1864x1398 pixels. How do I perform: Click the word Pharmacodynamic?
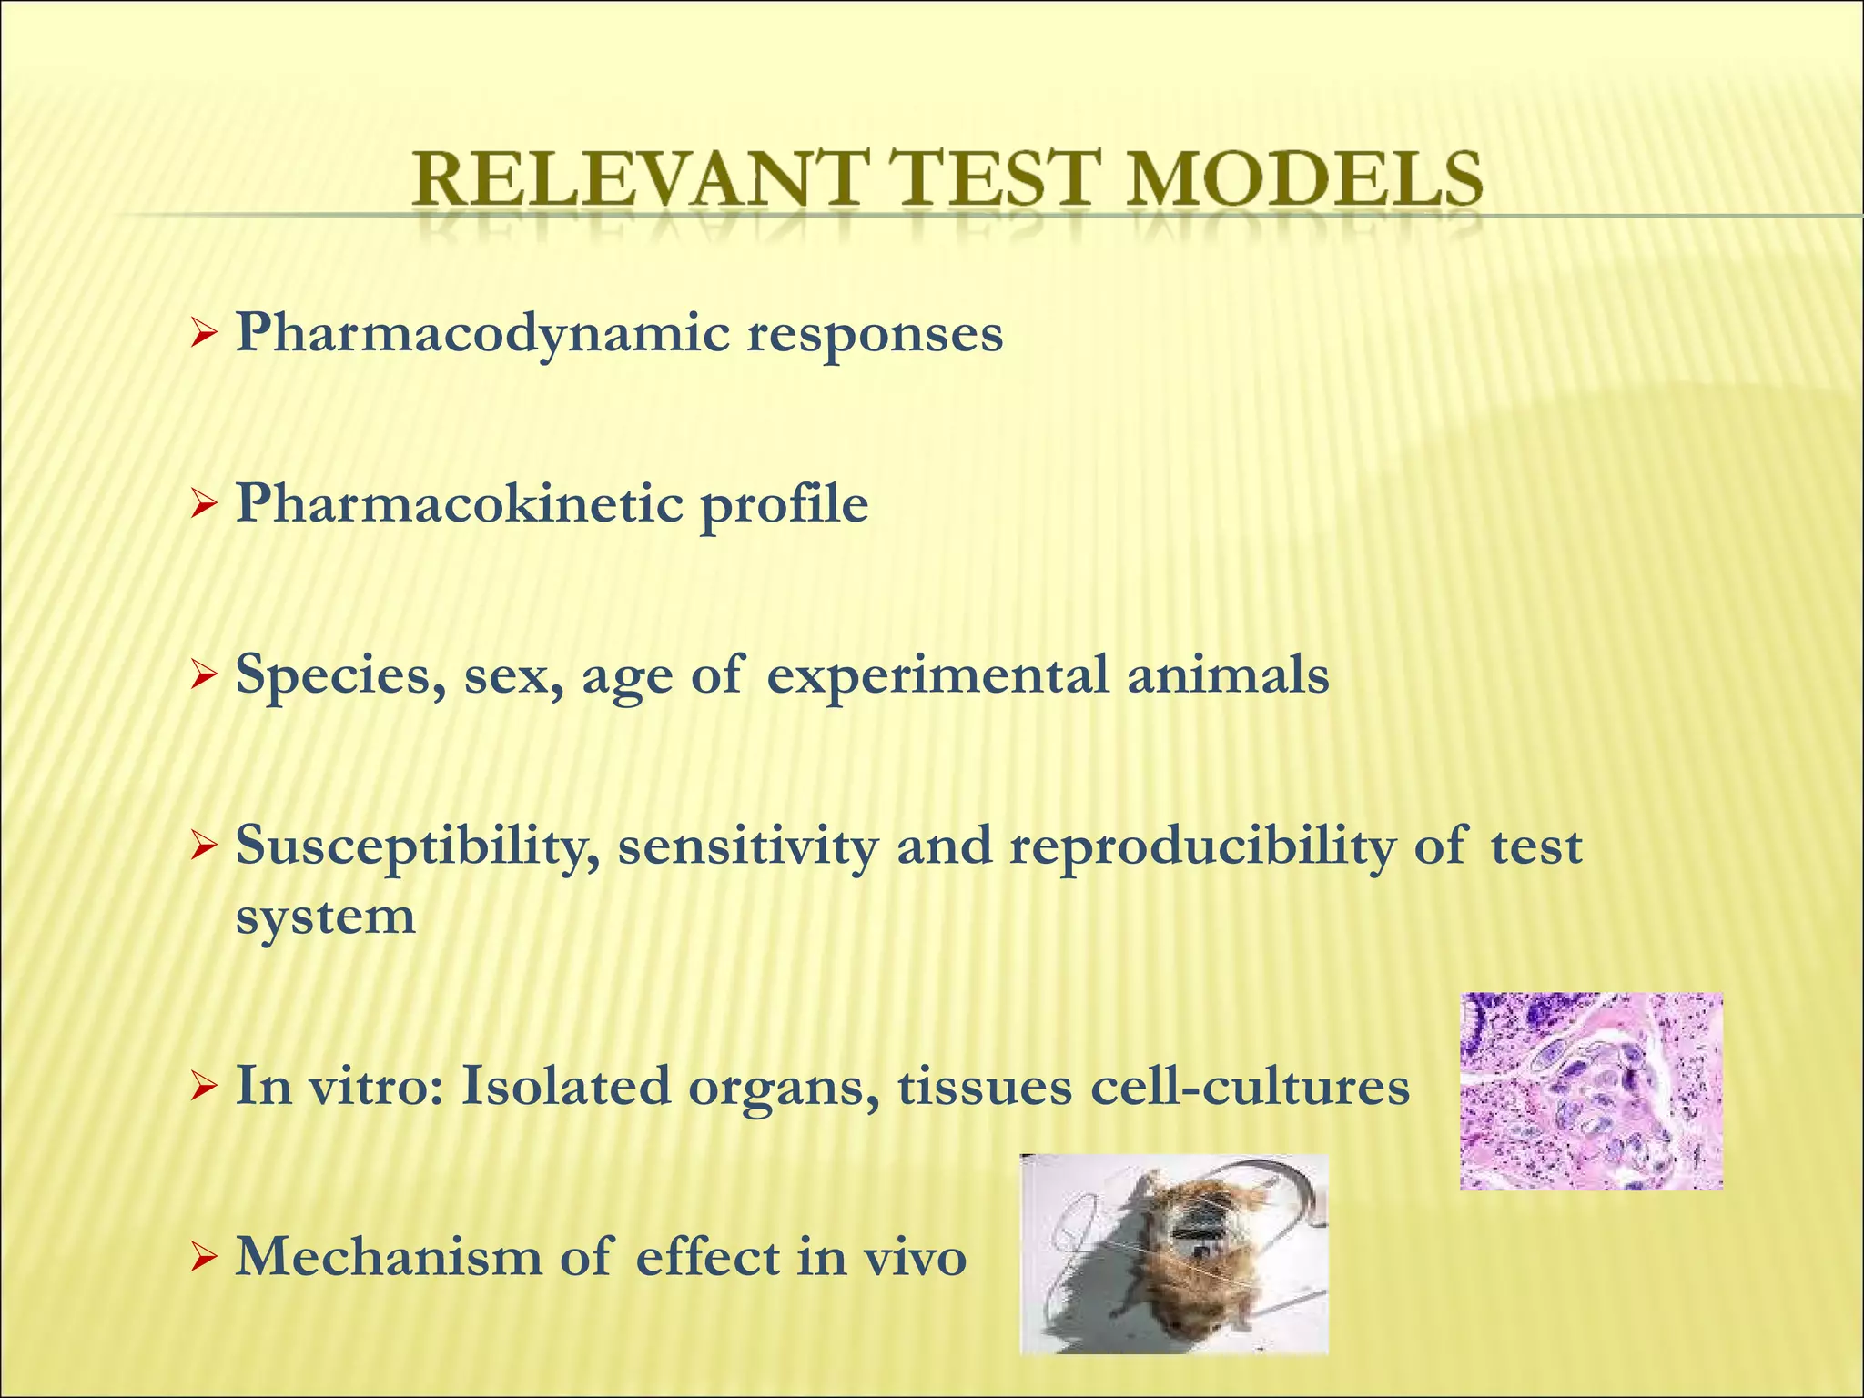coord(482,335)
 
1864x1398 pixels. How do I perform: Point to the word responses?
coord(875,335)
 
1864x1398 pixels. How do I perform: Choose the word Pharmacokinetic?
coord(459,504)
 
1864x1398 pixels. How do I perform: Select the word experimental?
coord(937,676)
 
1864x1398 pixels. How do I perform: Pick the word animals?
coord(1228,674)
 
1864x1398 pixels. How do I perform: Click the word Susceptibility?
coord(417,847)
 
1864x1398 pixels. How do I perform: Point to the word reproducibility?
coord(1200,847)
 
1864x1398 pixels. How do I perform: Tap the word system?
coord(325,917)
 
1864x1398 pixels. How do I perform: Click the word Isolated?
coord(565,1086)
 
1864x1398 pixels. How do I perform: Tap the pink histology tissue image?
coord(1591,1090)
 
